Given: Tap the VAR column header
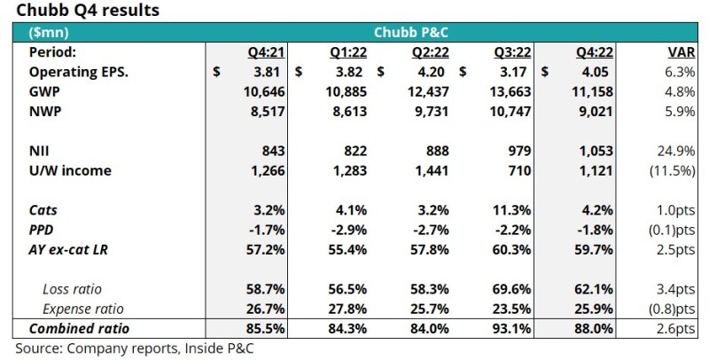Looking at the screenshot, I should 679,53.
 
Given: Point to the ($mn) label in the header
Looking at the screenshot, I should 49,33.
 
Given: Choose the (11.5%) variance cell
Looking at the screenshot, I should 672,172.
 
